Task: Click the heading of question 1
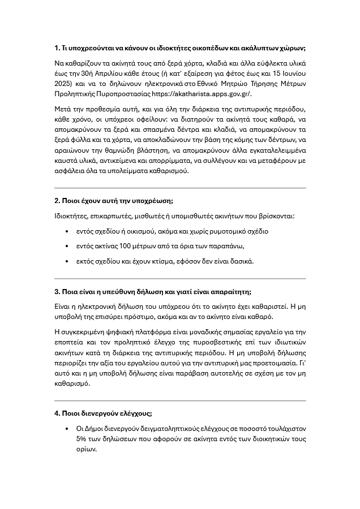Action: click(179, 48)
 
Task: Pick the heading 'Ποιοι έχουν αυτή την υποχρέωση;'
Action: click(114, 201)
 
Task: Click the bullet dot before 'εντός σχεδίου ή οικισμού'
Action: click(67, 231)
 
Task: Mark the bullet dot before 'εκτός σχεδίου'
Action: click(67, 261)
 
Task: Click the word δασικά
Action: click(241, 261)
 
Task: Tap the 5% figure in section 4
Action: click(82, 438)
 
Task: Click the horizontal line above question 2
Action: click(179, 187)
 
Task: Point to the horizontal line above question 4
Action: click(179, 400)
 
